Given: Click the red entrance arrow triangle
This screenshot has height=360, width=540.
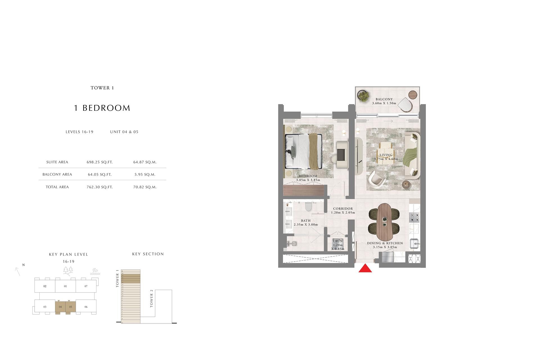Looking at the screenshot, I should pos(365,269).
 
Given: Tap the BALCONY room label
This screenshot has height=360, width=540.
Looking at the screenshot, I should pos(384,99).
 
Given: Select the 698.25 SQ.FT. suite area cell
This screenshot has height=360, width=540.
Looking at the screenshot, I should pos(100,162).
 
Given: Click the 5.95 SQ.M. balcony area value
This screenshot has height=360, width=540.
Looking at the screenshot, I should pos(145,175).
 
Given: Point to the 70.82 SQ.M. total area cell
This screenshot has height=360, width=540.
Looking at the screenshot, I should pos(145,187).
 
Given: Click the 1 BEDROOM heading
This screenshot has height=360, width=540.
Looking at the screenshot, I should pos(102,108).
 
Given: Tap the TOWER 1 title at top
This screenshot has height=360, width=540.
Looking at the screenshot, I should pos(102,88).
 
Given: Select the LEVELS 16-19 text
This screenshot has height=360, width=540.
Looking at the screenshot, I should pos(79,132).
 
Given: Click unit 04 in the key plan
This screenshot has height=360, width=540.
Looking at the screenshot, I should pos(60,307).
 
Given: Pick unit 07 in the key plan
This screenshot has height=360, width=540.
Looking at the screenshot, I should pos(86,286).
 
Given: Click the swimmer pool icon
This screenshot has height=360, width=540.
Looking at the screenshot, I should pos(95,272).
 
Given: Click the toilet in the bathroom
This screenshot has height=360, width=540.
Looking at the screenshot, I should pos(308,207).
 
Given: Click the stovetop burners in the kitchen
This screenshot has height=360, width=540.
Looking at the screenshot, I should pos(414,217).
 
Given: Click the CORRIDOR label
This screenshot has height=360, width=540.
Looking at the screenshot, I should pos(343,209).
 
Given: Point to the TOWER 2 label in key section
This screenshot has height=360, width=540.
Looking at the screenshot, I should pos(152,300).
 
